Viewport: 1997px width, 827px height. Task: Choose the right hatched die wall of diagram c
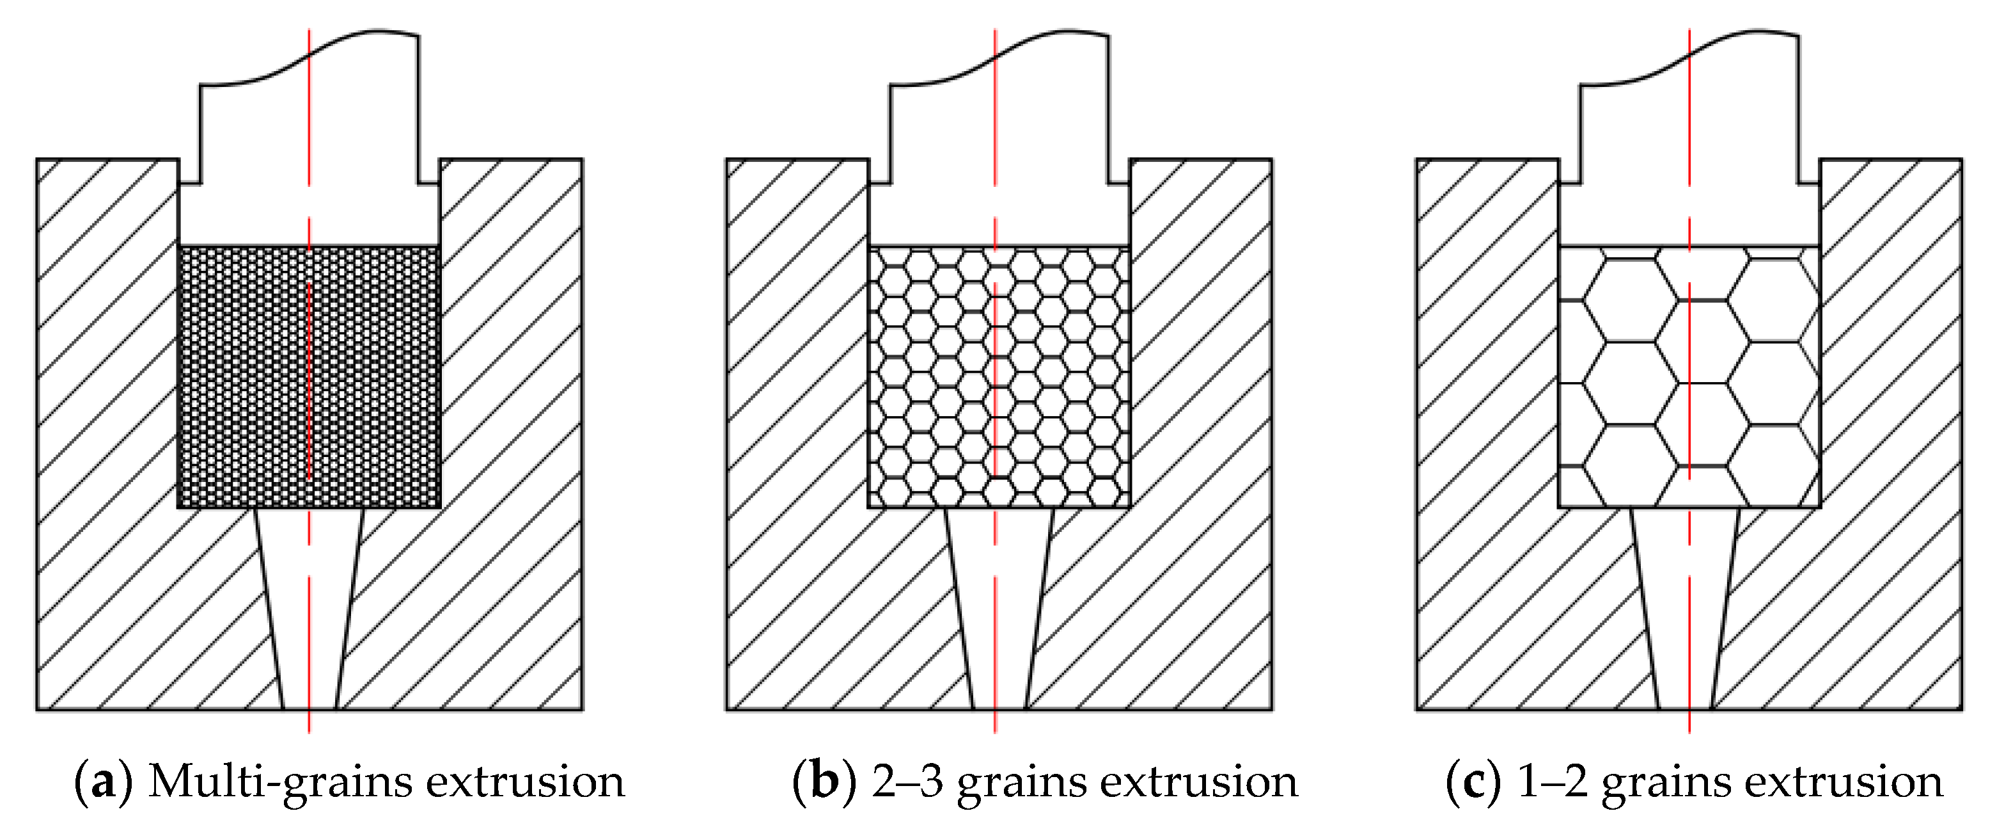click(x=1891, y=388)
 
